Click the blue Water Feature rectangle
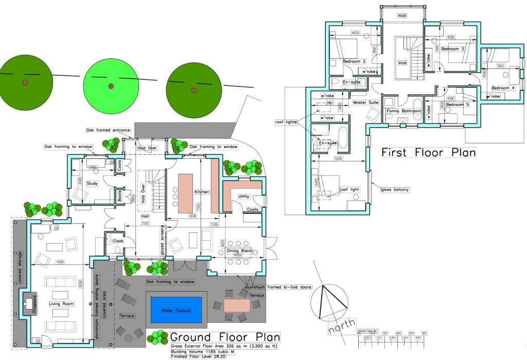[177, 311]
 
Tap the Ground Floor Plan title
[225, 337]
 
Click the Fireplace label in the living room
[28, 304]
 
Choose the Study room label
[92, 183]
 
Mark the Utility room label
[244, 196]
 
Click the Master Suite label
[366, 102]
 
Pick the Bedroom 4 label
[503, 87]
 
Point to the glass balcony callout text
[395, 190]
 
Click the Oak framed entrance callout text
[108, 130]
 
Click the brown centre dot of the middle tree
[111, 85]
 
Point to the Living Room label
[62, 304]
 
